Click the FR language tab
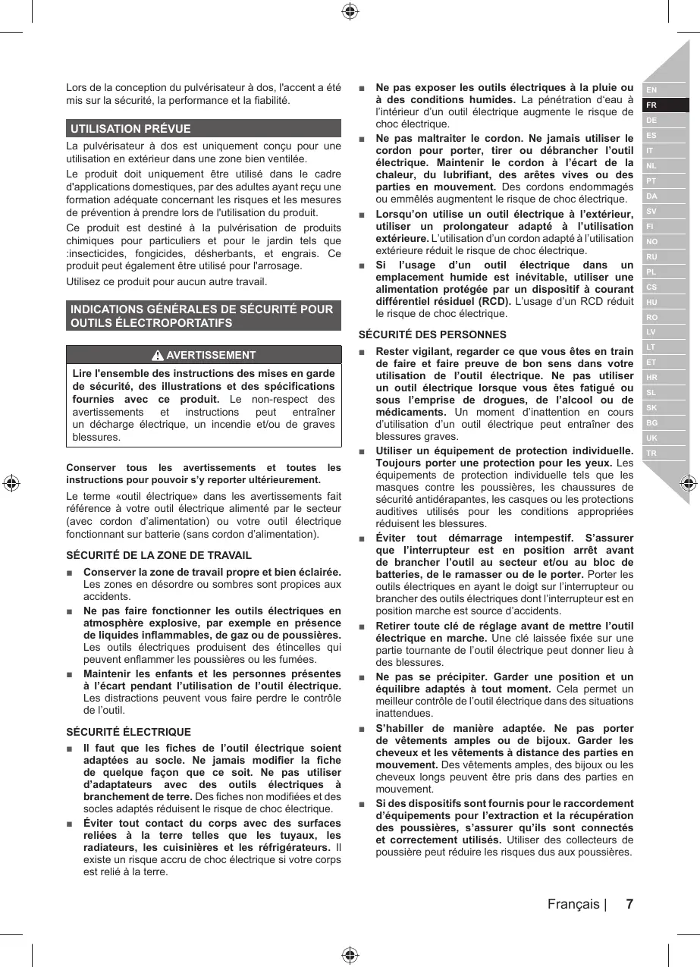tap(652, 105)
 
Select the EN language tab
tap(651, 90)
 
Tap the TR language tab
tap(651, 454)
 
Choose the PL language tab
tap(651, 272)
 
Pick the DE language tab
tap(651, 121)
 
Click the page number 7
tap(629, 904)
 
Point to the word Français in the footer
tap(573, 904)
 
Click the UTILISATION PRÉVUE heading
tap(130, 129)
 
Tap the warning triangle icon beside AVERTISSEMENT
tap(158, 355)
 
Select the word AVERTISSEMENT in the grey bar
tap(211, 355)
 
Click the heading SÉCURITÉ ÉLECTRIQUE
tap(129, 732)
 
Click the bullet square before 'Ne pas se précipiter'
tap(362, 677)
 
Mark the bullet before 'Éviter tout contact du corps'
tap(70, 825)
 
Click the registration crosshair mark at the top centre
tap(350, 11)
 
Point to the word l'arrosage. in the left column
tap(278, 266)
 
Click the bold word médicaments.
tap(410, 412)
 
